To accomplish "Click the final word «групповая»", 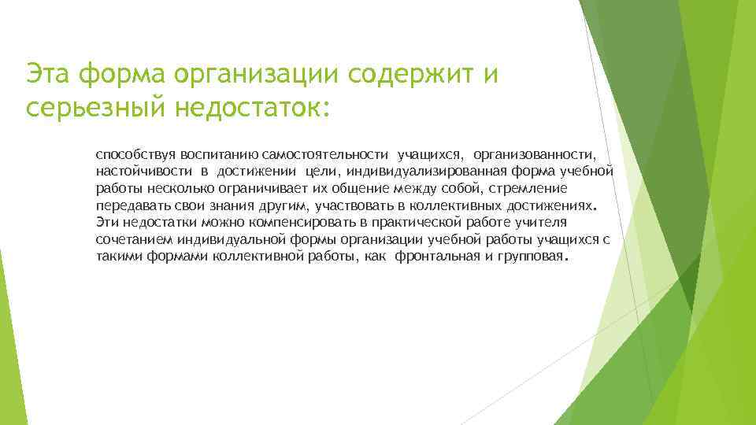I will (x=529, y=257).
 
